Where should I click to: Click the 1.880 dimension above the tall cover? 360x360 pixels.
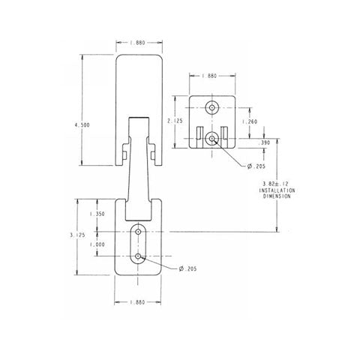pyautogui.click(x=138, y=43)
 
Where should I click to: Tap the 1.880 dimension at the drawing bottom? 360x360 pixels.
pyautogui.click(x=138, y=302)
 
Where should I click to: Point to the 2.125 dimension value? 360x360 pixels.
pyautogui.click(x=178, y=120)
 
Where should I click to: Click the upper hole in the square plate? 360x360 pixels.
pyautogui.click(x=212, y=107)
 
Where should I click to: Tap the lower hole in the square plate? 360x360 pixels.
pyautogui.click(x=212, y=137)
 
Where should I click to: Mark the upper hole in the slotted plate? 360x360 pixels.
pyautogui.click(x=139, y=232)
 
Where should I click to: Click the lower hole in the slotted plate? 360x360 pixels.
pyautogui.click(x=139, y=257)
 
